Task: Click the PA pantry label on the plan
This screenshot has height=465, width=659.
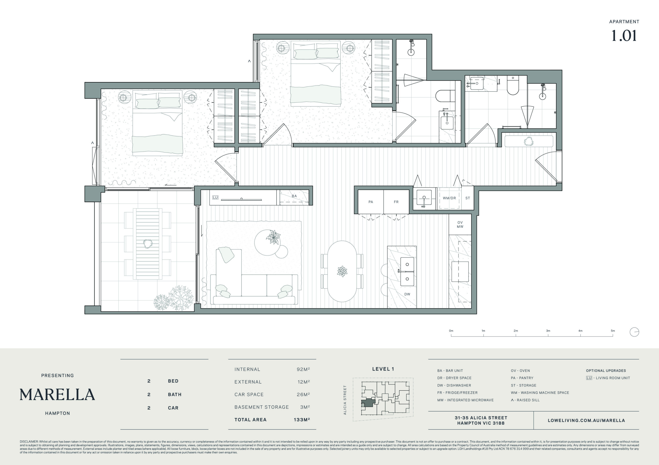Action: [x=371, y=202]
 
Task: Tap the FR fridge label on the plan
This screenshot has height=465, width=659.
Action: [x=396, y=202]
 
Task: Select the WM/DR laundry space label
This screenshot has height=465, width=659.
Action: [x=449, y=198]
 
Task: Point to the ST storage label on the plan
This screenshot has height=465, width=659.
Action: [x=467, y=198]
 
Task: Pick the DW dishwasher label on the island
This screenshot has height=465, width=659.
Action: [x=407, y=294]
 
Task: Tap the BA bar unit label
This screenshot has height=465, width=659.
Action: [x=294, y=196]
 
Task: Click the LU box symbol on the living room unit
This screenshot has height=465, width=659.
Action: [x=215, y=197]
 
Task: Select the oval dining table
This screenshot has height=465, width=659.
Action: [x=342, y=271]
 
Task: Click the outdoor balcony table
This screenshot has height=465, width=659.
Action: [x=148, y=244]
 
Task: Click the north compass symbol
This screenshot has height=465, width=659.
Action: [x=634, y=332]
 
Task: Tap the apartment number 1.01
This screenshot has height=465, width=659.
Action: [x=624, y=36]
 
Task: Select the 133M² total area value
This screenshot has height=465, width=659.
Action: [x=302, y=420]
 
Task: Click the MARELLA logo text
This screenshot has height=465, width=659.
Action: [x=57, y=395]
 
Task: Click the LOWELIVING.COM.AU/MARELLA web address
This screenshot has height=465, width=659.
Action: [x=586, y=420]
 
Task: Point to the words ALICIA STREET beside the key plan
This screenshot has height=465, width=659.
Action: [x=345, y=400]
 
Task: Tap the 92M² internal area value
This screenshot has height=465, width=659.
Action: [x=303, y=369]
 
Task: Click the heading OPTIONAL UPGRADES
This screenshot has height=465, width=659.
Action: [x=606, y=371]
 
